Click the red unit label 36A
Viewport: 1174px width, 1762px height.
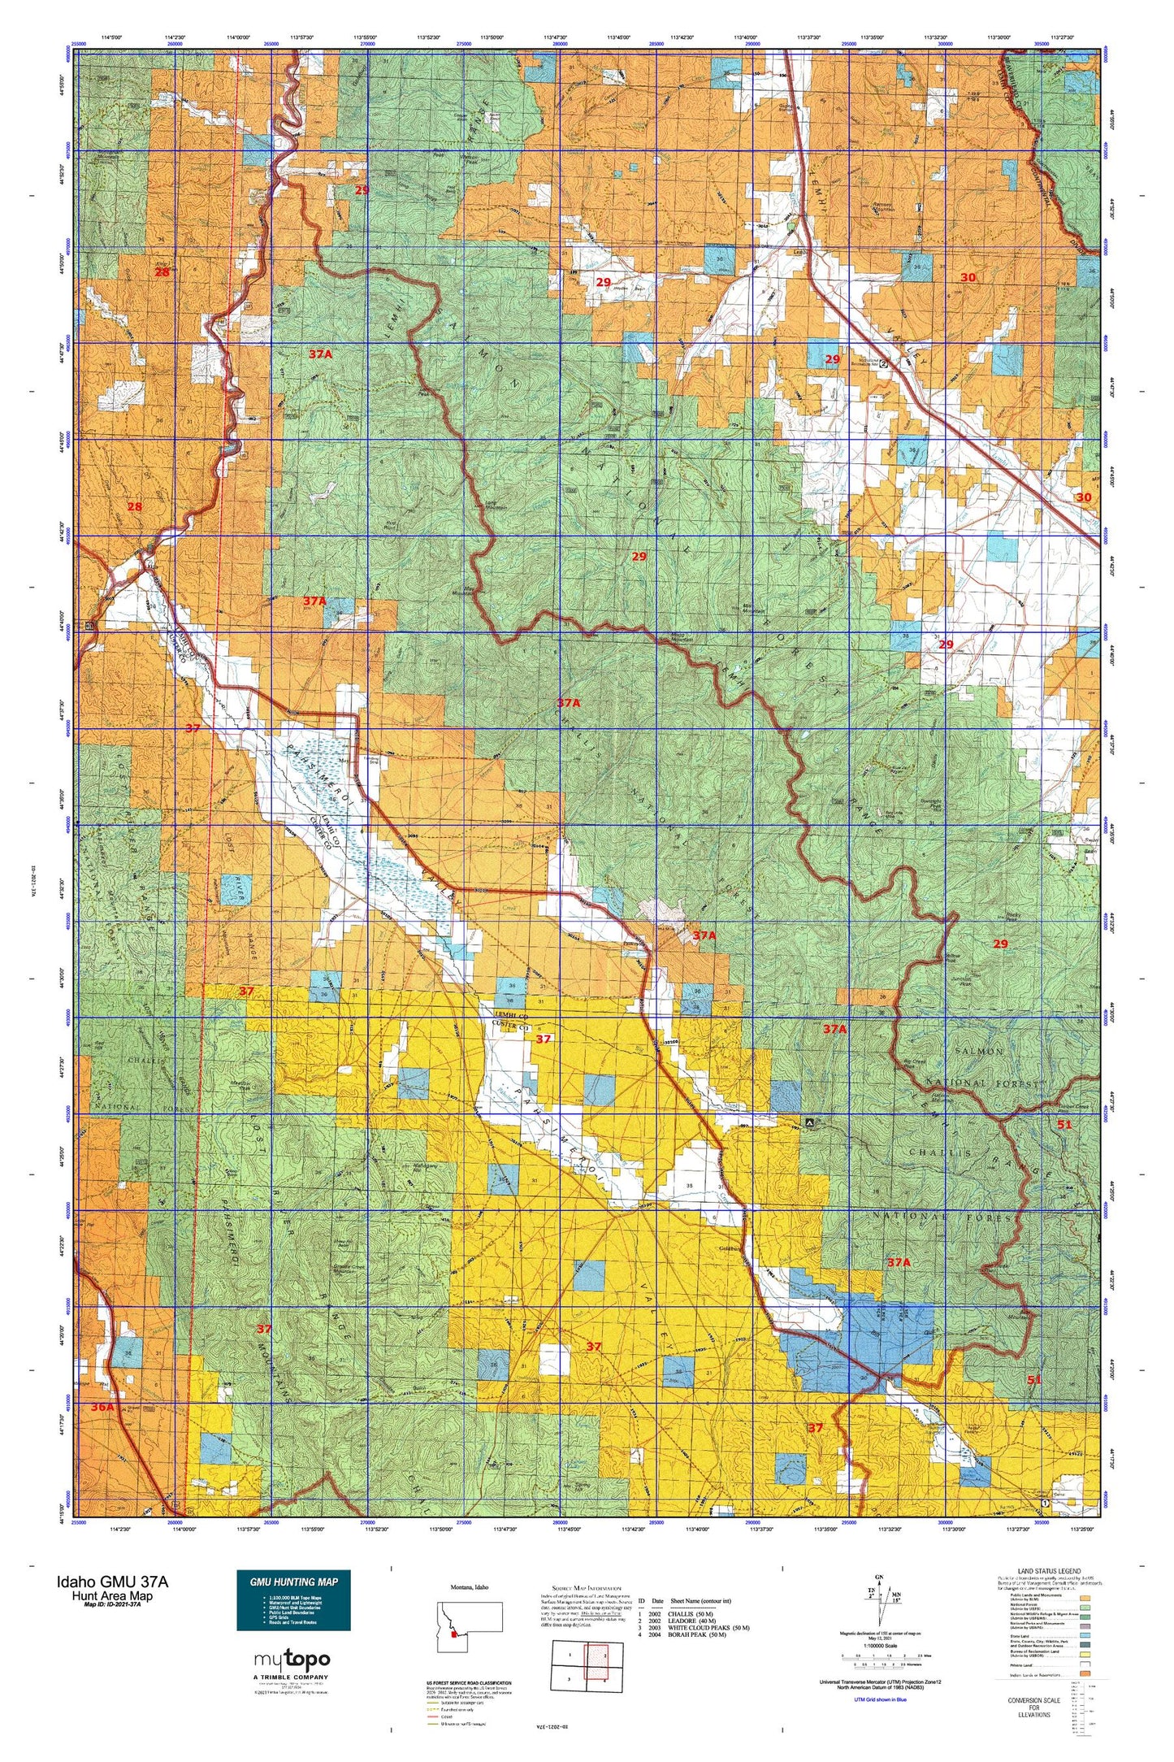[103, 1405]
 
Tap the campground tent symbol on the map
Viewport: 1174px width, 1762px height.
[809, 1122]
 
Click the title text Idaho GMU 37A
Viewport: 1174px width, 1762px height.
[113, 1582]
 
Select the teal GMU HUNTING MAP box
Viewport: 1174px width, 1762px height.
[293, 1599]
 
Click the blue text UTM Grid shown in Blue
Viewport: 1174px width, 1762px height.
[880, 1699]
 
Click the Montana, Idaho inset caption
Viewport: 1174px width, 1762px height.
[470, 1586]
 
